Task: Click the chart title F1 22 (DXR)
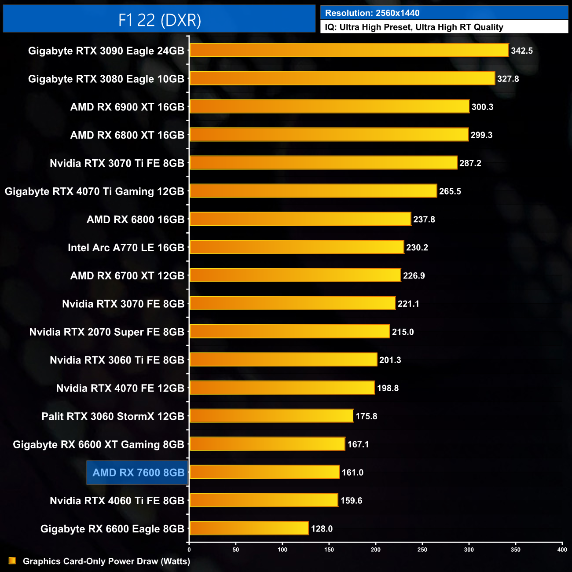159,20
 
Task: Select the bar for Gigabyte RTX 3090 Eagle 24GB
349,51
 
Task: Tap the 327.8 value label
508,79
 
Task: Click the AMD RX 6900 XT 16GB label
127,107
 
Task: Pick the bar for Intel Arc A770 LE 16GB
297,247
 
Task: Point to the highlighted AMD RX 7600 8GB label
138,473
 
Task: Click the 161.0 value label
352,473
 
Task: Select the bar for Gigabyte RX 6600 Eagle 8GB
249,528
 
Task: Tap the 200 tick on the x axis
376,550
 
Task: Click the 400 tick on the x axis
562,550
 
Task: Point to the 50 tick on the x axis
236,550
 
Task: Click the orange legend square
12,561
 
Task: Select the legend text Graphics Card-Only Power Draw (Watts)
106,561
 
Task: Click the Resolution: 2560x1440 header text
372,13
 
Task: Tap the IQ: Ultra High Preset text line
414,27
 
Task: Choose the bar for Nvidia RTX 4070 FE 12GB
282,388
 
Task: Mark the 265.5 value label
450,191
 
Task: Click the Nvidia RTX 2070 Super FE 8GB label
106,332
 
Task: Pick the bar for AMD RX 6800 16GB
300,219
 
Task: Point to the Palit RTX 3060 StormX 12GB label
113,416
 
